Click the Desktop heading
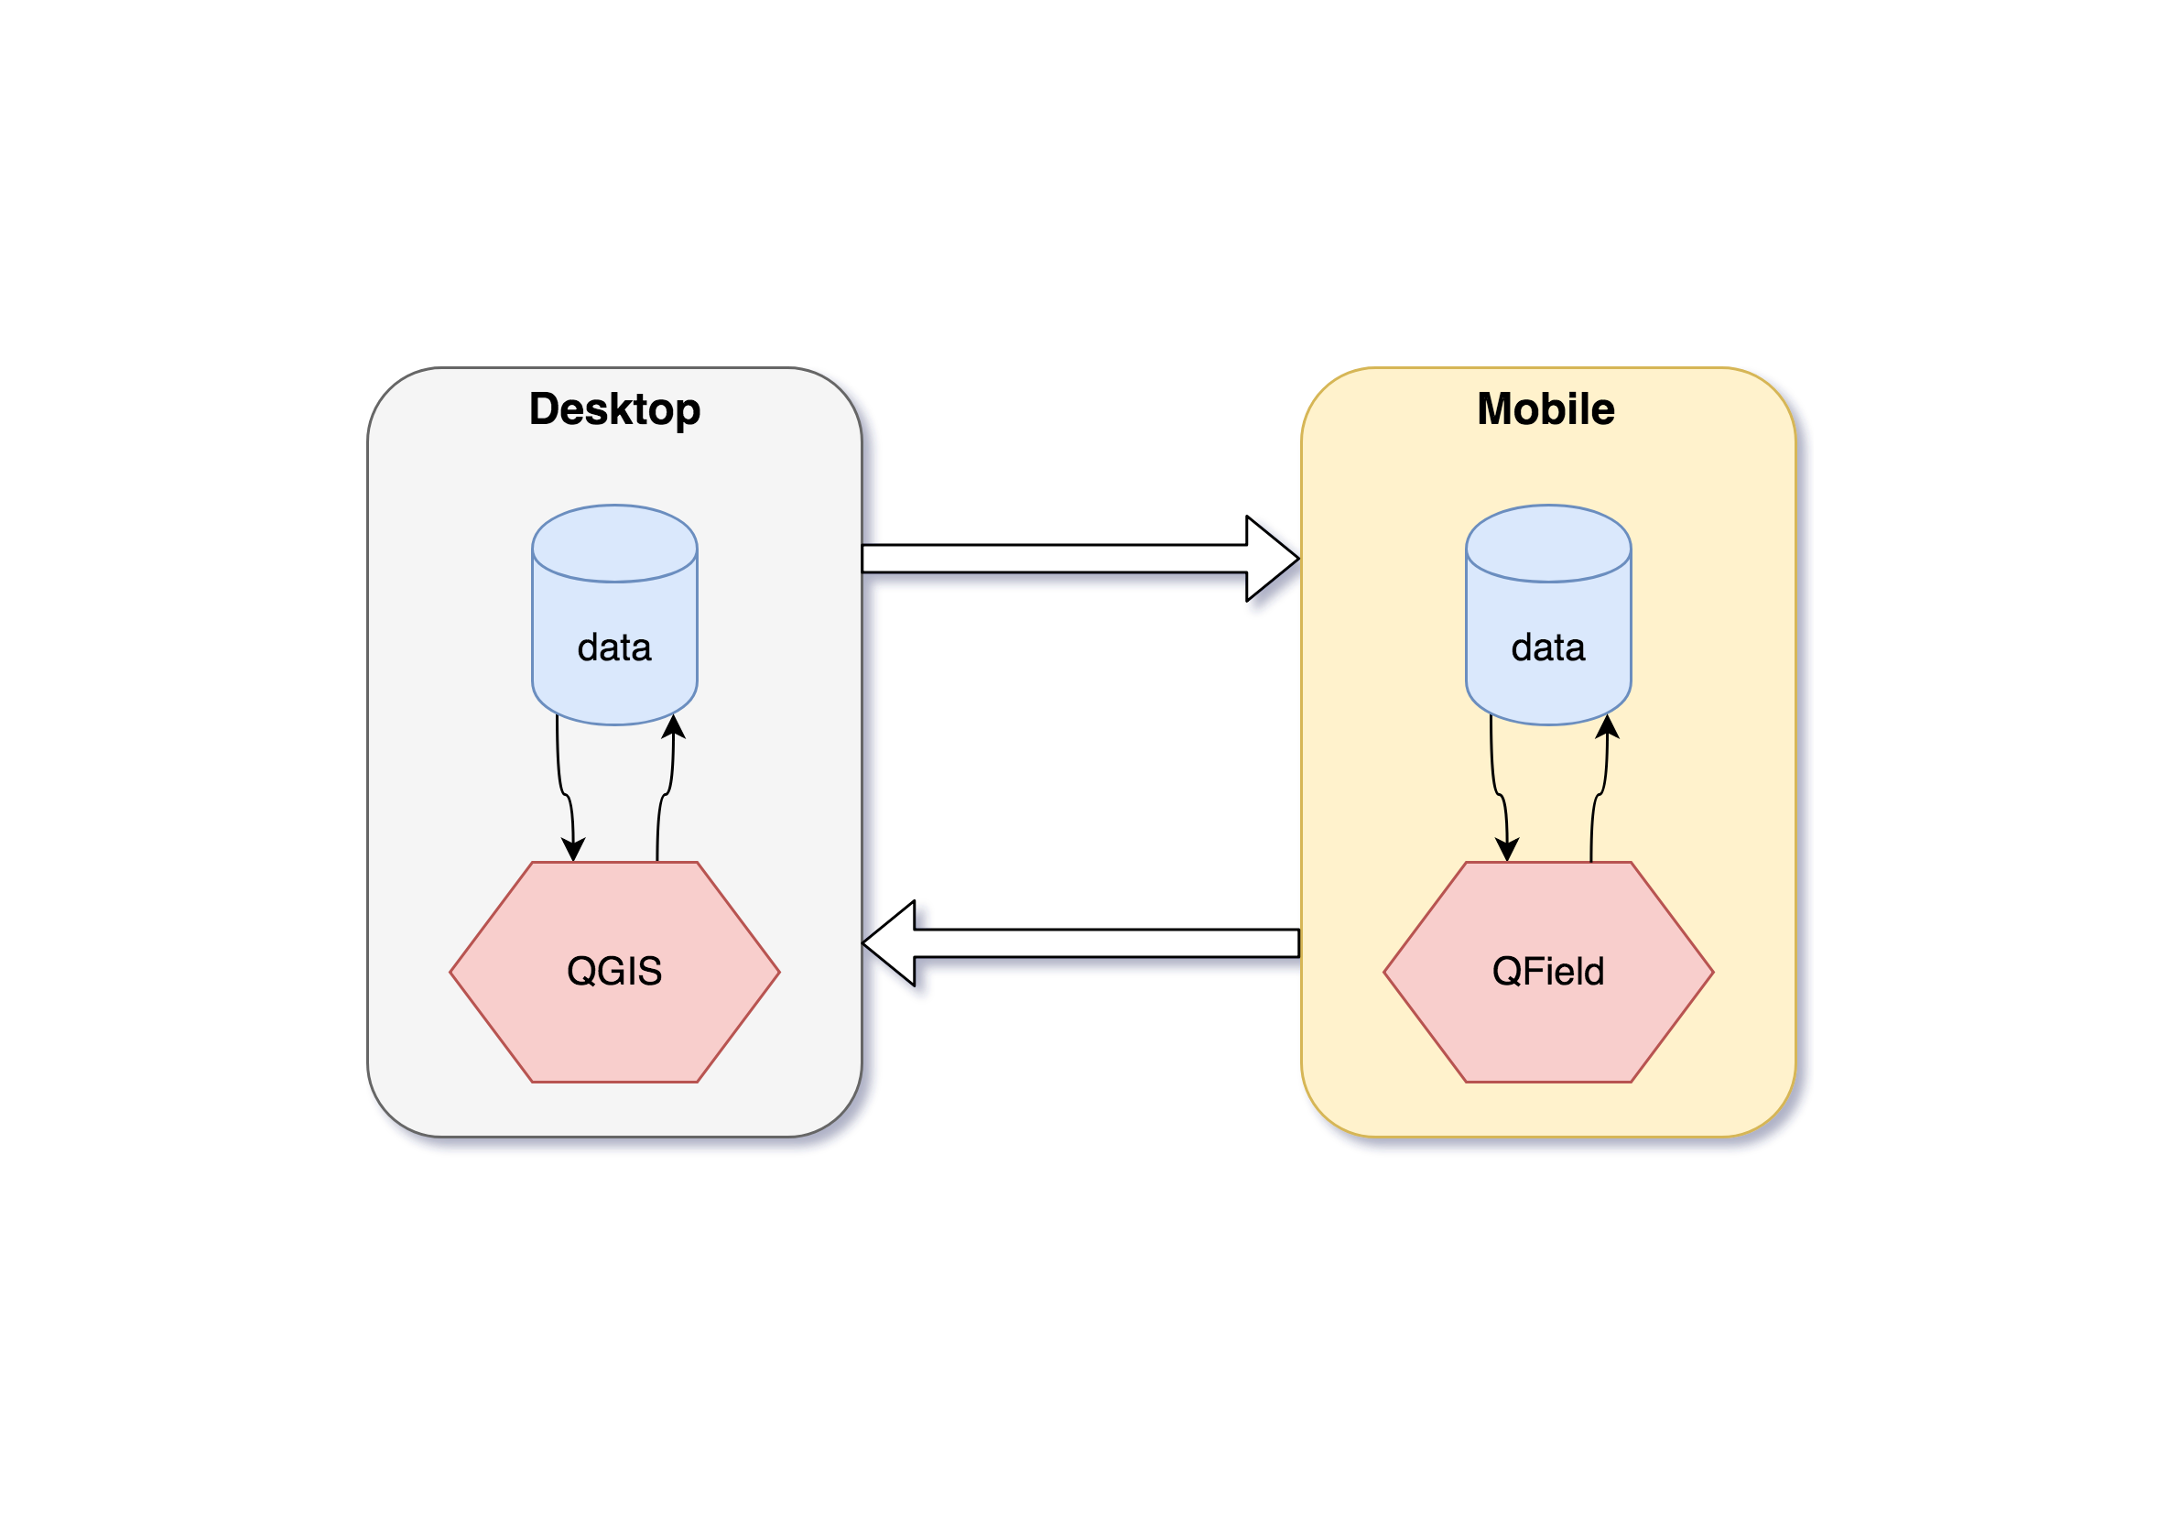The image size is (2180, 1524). click(614, 410)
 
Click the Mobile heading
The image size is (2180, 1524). click(1546, 409)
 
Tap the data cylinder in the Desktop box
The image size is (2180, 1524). click(614, 615)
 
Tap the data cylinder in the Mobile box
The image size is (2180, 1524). click(1548, 615)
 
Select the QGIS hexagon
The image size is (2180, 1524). click(614, 972)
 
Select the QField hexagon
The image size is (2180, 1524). click(1548, 972)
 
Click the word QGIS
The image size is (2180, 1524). click(614, 972)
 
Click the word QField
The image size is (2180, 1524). click(1548, 972)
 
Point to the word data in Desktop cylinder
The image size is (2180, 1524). click(614, 648)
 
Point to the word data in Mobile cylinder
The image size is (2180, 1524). click(1548, 648)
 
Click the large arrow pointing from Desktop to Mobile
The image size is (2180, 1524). click(1080, 559)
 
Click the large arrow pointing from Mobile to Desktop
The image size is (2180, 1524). click(1080, 943)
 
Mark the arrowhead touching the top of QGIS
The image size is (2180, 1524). click(573, 849)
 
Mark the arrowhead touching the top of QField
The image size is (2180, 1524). click(1508, 849)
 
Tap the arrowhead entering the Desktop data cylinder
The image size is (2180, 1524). click(673, 726)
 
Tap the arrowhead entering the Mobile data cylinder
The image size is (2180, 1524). click(1608, 726)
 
